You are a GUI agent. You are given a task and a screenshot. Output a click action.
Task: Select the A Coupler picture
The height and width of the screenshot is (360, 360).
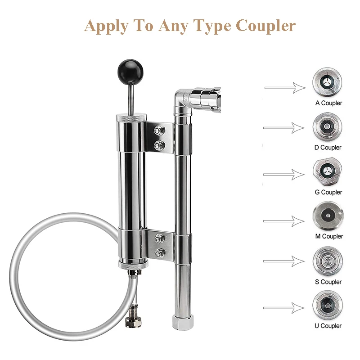coord(327,82)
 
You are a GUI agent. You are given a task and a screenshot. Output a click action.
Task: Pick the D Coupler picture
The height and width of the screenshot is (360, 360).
coord(327,126)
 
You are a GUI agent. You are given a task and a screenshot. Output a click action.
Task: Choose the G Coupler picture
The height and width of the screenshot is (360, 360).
coord(327,171)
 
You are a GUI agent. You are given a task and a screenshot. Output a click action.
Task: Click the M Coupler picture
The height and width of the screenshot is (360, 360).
coord(327,216)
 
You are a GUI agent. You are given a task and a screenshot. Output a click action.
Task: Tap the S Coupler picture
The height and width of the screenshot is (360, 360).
coord(327,261)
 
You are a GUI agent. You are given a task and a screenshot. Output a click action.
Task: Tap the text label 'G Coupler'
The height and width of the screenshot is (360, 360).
coord(328,192)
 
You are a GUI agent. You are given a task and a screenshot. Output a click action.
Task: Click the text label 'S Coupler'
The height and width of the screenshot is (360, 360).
coord(328,282)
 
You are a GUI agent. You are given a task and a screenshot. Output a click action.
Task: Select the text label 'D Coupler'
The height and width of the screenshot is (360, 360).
coord(328,147)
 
